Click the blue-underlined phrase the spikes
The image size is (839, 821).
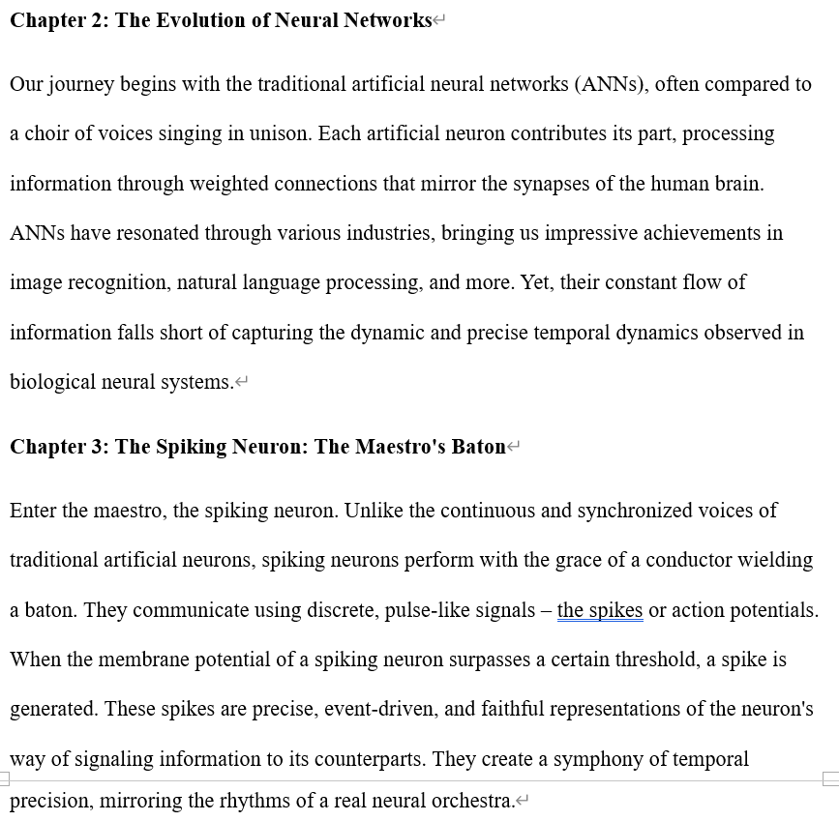pyautogui.click(x=600, y=610)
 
